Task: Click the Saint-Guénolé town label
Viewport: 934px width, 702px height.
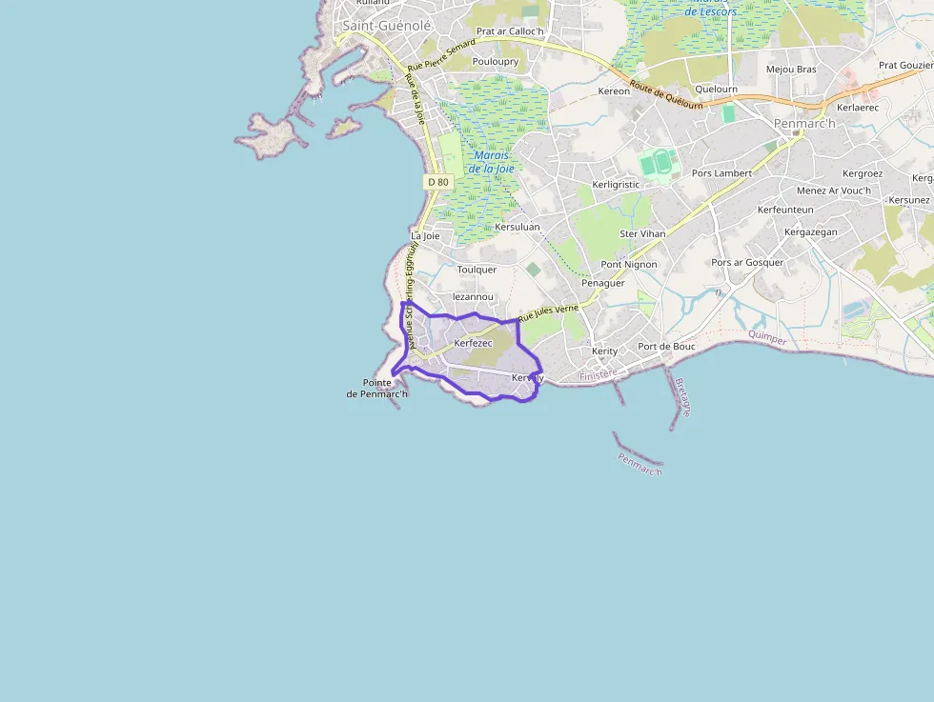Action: pos(387,26)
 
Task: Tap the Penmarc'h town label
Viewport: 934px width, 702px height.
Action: pos(804,124)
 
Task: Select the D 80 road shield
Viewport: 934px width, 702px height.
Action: pos(437,181)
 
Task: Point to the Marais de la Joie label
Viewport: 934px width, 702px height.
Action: pos(492,162)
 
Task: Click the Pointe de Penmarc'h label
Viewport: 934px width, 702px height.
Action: pos(377,389)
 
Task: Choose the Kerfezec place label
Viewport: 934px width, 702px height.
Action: pos(474,343)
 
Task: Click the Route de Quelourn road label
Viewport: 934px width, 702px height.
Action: pos(666,95)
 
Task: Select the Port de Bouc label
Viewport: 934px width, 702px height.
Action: pos(666,347)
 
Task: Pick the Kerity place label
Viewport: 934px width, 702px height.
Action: pos(604,351)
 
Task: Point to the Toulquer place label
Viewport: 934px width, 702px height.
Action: pos(477,270)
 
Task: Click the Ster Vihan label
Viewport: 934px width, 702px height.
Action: pos(642,233)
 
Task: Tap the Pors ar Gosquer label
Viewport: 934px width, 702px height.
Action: pos(747,263)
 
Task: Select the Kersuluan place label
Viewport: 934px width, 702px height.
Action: pos(518,227)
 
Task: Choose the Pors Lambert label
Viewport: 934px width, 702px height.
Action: pos(721,173)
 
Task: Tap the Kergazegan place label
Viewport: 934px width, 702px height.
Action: pos(810,232)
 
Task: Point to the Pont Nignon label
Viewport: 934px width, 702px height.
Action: pos(628,265)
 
